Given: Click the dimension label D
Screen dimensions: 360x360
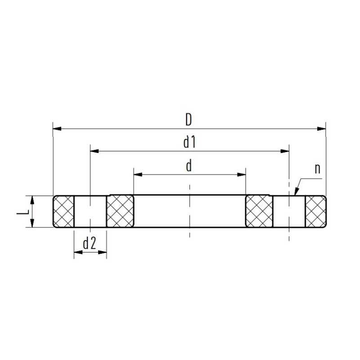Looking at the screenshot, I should pyautogui.click(x=189, y=120).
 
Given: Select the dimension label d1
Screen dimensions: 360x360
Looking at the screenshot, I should pyautogui.click(x=189, y=143).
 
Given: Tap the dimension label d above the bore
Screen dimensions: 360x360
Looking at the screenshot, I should pyautogui.click(x=189, y=166).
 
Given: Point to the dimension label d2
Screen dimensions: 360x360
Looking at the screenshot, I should pyautogui.click(x=90, y=244).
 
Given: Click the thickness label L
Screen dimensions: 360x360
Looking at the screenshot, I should pyautogui.click(x=21, y=211).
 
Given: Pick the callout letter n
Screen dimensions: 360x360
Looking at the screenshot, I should pyautogui.click(x=317, y=169).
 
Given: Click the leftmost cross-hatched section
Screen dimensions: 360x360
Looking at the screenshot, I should pyautogui.click(x=64, y=211).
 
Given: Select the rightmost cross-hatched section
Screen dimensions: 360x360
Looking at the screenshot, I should pyautogui.click(x=315, y=211).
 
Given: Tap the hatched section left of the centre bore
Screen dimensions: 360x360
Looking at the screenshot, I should pyautogui.click(x=120, y=211).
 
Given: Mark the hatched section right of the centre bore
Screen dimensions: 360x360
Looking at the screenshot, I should pyautogui.click(x=258, y=211).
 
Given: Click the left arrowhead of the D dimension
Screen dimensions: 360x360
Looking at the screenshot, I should pyautogui.click(x=57, y=129).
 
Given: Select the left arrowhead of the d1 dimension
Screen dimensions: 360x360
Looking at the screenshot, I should pyautogui.click(x=94, y=152).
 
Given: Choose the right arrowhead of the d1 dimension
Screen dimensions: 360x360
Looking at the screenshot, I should pyautogui.click(x=285, y=152).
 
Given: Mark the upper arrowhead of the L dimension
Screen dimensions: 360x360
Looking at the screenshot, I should pyautogui.click(x=33, y=199).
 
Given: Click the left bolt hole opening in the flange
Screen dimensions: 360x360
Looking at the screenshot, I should pyautogui.click(x=90, y=211).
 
